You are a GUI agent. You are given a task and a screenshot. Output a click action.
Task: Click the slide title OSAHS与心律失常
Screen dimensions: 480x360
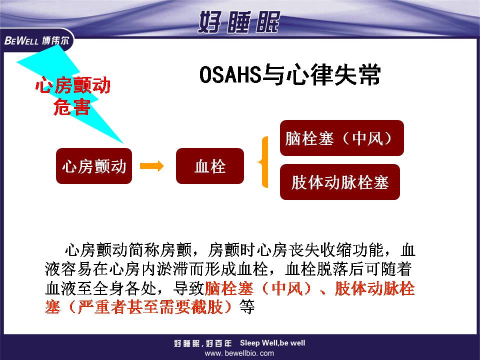(x=290, y=74)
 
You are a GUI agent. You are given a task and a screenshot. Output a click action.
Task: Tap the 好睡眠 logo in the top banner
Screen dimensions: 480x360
(x=239, y=21)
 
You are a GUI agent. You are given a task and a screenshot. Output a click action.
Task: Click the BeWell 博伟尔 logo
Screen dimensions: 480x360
(x=36, y=40)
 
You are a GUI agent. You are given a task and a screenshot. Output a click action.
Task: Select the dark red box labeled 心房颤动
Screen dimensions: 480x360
(x=94, y=166)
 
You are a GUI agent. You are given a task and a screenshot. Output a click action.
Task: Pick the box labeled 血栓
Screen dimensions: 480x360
(x=210, y=166)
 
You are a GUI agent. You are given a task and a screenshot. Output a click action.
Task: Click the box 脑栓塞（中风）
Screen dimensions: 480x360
(x=342, y=138)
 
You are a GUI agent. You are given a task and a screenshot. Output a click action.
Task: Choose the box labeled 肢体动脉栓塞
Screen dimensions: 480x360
(x=340, y=182)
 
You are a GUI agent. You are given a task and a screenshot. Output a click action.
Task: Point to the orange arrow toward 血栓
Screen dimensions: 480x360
(x=152, y=166)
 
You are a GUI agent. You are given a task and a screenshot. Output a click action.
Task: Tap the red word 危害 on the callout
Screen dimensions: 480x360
(x=72, y=107)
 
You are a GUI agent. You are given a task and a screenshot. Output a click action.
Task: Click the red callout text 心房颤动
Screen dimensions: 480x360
(x=73, y=85)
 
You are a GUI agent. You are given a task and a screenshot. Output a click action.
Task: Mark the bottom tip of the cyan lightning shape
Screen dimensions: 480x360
(x=123, y=143)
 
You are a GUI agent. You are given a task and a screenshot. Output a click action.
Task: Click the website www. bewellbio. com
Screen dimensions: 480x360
(x=239, y=353)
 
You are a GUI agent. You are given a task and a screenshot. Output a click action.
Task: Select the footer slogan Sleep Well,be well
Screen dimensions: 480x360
(x=272, y=343)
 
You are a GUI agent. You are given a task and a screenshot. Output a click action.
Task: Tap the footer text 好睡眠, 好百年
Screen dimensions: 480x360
(x=202, y=343)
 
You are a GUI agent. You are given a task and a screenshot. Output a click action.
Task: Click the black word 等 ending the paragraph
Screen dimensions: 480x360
(x=247, y=306)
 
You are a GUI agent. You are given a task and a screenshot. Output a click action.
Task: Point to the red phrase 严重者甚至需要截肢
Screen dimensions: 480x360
(x=150, y=306)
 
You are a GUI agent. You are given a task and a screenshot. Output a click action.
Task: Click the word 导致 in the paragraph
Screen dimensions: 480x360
(x=188, y=288)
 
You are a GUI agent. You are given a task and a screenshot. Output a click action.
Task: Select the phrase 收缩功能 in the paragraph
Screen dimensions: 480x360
(x=351, y=250)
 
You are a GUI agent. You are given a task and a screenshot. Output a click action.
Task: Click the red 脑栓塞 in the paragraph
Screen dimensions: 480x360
(x=229, y=288)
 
